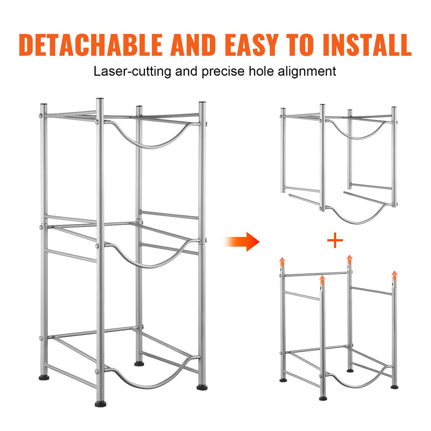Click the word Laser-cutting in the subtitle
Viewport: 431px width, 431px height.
tap(132, 72)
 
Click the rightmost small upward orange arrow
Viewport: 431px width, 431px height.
tap(394, 275)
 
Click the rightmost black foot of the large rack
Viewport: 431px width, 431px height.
tap(202, 387)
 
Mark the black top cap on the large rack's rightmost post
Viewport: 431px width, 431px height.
tap(202, 103)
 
